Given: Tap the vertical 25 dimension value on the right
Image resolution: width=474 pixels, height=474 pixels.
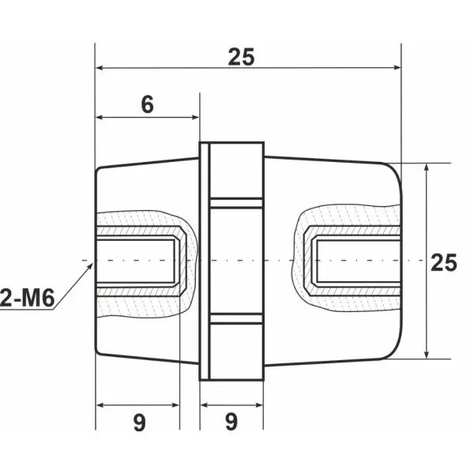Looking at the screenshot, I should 444,263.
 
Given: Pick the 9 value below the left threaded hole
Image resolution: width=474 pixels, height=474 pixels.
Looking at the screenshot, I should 139,423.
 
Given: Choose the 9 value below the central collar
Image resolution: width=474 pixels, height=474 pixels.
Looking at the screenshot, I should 231,423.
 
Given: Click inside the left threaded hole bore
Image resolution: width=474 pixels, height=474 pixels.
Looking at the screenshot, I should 136,260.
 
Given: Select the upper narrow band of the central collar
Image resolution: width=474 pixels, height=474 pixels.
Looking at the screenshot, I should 235,202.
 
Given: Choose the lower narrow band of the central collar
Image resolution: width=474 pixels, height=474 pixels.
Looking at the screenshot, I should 235,318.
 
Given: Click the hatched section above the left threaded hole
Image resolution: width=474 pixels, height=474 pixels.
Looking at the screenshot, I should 138,221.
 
